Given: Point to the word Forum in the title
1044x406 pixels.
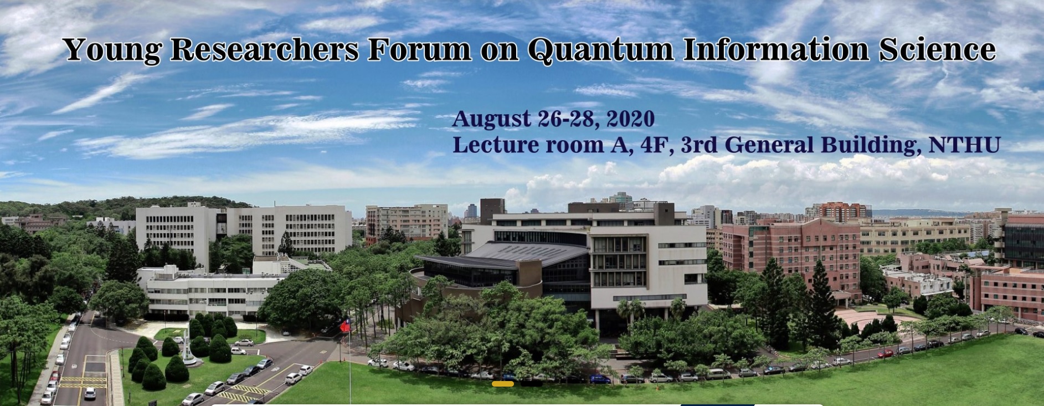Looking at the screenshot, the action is pyautogui.click(x=419, y=49).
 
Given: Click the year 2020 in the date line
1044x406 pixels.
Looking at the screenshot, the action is pyautogui.click(x=631, y=119).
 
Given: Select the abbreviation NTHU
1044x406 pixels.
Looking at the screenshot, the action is pyautogui.click(x=964, y=145).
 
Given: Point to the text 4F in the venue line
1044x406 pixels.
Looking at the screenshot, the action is pyautogui.click(x=657, y=145).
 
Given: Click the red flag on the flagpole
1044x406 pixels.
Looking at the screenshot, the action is pyautogui.click(x=344, y=326).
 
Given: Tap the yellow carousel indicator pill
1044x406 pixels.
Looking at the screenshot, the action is pyautogui.click(x=503, y=383).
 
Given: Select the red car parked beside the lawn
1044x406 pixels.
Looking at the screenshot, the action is pyautogui.click(x=885, y=353).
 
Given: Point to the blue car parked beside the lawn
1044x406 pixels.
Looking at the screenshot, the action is pyautogui.click(x=600, y=379).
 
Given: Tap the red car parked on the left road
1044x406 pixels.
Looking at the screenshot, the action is pyautogui.click(x=54, y=376).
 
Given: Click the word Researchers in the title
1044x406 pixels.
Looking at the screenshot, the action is pyautogui.click(x=265, y=49).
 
